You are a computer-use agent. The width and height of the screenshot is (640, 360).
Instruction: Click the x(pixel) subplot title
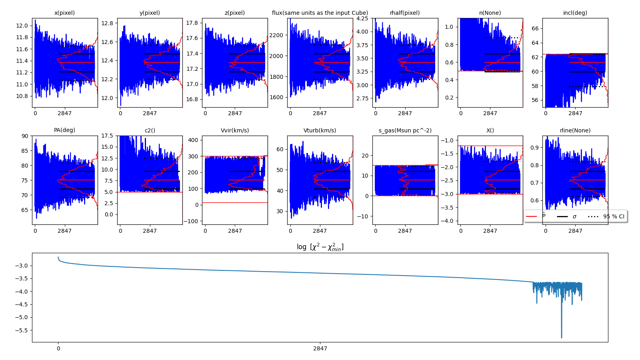point(64,13)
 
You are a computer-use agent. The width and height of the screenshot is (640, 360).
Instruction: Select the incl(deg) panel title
point(575,13)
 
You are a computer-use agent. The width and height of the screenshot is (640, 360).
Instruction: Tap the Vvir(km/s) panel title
point(235,130)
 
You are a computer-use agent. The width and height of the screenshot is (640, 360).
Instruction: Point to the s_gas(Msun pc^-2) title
point(405,130)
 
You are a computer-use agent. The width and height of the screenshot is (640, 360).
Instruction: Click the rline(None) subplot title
point(575,130)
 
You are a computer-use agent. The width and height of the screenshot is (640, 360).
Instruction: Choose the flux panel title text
point(320,13)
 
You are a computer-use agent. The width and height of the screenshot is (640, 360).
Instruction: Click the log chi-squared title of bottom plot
point(320,247)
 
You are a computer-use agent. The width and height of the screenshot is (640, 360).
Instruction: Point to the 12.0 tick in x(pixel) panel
point(22,26)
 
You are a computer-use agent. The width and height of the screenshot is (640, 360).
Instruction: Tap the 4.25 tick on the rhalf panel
point(362,18)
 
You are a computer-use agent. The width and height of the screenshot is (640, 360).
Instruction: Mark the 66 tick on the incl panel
point(535,28)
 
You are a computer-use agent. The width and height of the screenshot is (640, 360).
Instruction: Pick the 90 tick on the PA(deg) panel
point(25,136)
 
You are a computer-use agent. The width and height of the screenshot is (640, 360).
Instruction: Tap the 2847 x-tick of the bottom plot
point(320,348)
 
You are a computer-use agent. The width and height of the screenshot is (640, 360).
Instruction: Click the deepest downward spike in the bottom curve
point(561,337)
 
